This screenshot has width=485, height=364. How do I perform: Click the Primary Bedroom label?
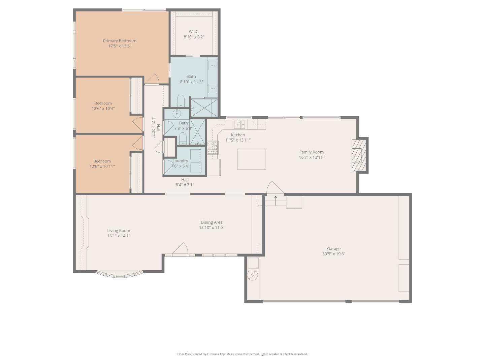pos(120,41)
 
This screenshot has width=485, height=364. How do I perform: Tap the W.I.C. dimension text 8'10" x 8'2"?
pos(194,37)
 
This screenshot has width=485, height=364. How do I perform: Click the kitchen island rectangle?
pos(251,159)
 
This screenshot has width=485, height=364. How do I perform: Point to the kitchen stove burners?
pos(213,147)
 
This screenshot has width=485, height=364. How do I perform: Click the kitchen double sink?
pos(240,125)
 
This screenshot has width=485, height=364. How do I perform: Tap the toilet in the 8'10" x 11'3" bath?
pos(181,100)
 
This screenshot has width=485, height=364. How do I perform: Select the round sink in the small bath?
pos(176,114)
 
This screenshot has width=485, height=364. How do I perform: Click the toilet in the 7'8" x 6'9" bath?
pos(183,138)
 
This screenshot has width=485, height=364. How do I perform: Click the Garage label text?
pos(333,249)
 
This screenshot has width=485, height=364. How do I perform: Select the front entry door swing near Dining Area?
pos(180,249)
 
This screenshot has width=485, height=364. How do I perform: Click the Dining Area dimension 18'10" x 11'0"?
pos(212,227)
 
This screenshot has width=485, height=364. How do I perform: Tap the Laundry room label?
pos(180,161)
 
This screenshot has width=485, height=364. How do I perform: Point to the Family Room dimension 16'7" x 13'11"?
pos(312,157)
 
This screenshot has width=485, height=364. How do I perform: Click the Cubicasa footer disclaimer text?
pos(242,354)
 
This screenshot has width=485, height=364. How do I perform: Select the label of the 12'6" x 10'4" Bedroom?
pos(103,103)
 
